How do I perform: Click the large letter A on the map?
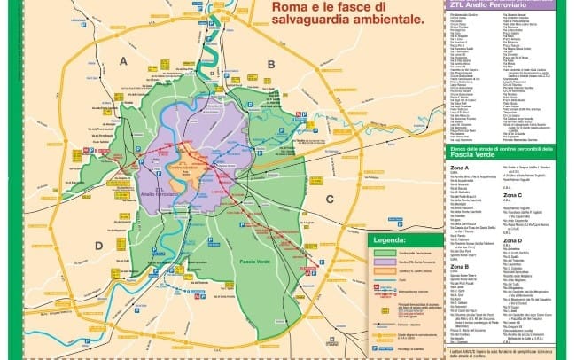click(123, 60)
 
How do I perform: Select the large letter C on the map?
click(330, 199)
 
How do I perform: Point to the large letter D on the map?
click(99, 246)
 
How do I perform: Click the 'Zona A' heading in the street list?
click(458, 167)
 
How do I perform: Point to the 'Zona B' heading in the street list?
click(458, 265)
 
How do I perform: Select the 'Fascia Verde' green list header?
click(504, 152)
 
